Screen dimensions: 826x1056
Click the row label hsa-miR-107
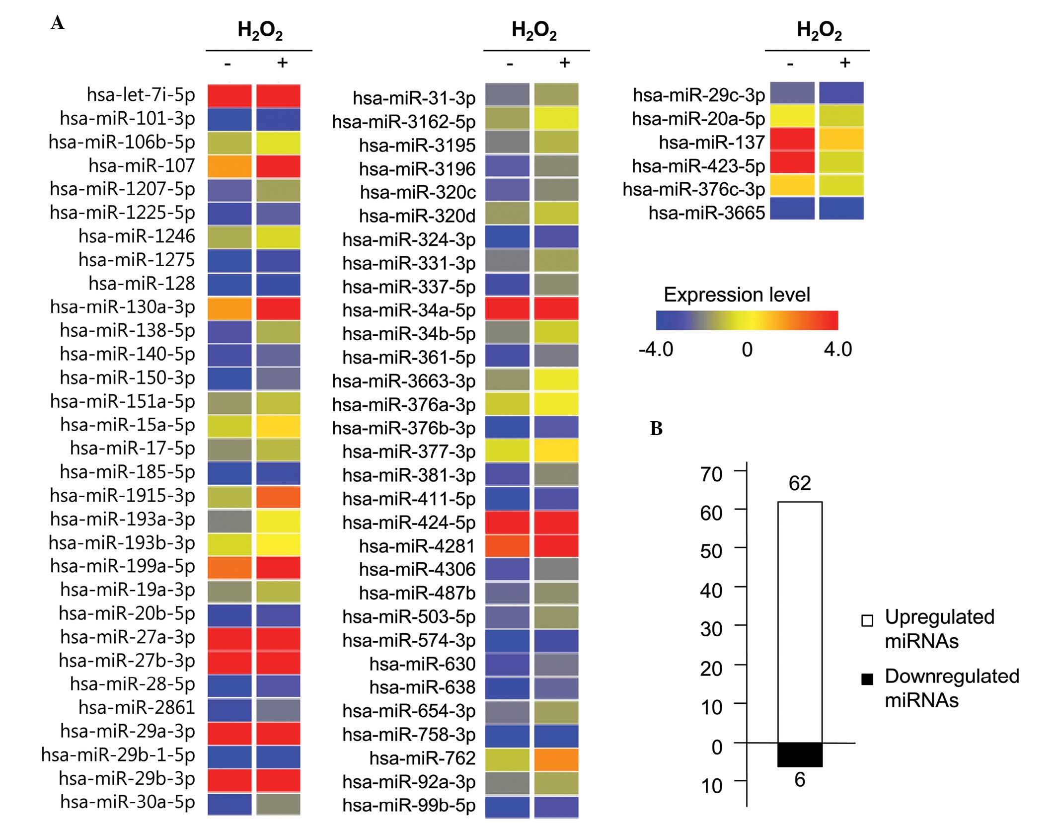coord(142,165)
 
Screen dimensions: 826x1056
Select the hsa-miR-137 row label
coord(711,143)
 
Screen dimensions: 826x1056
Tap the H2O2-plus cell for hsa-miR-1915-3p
coord(278,497)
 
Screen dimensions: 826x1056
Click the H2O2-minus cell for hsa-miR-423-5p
coord(792,162)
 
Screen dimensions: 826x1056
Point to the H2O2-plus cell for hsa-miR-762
coord(556,759)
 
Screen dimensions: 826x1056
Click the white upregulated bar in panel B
coord(800,621)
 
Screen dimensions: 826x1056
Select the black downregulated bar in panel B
coord(800,754)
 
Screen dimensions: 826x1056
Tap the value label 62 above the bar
coord(800,483)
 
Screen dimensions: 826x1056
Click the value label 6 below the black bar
coord(800,780)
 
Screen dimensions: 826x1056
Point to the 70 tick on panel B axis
coord(711,474)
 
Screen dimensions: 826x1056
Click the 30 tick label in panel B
coord(711,629)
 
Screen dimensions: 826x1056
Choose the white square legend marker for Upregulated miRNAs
coord(867,621)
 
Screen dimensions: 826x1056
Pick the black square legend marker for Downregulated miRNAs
coord(867,679)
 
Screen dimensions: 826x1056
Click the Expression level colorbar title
coord(737,295)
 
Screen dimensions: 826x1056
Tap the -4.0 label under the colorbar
coord(656,350)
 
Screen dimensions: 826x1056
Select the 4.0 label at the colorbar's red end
coord(837,350)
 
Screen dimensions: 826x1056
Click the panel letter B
coord(656,429)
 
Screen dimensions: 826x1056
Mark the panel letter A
coord(58,23)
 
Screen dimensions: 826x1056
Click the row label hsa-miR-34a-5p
coord(409,310)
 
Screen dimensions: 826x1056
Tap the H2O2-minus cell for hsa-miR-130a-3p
coord(229,308)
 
